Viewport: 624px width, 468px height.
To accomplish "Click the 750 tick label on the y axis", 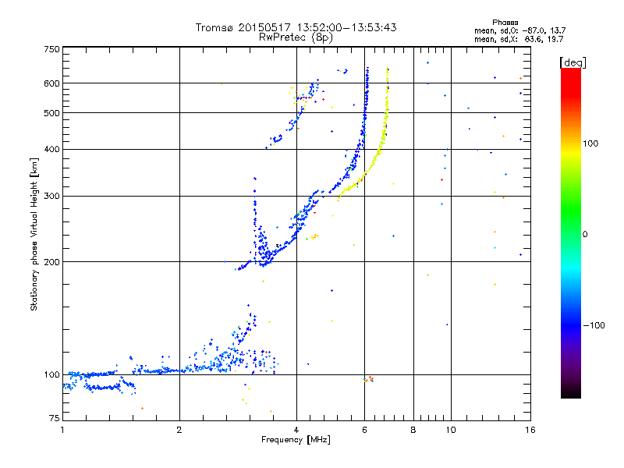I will coord(51,49).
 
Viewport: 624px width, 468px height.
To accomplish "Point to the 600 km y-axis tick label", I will coord(51,83).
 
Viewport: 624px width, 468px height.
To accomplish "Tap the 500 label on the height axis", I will coord(51,113).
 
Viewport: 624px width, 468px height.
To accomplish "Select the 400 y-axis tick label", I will coord(51,149).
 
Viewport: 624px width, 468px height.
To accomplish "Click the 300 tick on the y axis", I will coord(51,196).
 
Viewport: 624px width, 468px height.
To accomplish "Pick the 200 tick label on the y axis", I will coord(51,262).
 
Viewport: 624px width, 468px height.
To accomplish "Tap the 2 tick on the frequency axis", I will coord(179,430).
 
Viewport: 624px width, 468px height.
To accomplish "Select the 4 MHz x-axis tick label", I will coord(296,430).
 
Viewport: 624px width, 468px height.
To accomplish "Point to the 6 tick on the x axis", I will coord(364,430).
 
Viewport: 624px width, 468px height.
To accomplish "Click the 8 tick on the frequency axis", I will coord(413,430).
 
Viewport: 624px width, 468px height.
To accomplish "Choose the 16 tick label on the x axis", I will coord(529,430).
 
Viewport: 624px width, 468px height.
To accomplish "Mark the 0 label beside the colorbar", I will coord(585,234).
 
